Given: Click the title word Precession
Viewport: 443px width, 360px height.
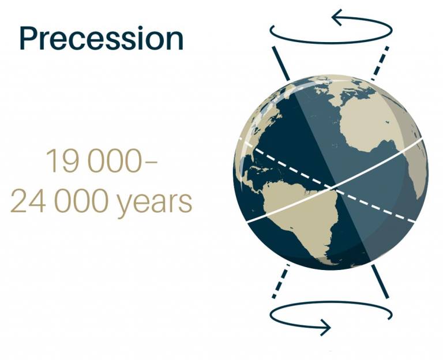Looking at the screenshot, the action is (102, 39).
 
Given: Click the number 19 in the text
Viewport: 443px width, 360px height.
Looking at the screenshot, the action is (62, 160).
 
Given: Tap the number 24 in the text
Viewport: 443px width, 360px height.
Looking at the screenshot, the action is (28, 201).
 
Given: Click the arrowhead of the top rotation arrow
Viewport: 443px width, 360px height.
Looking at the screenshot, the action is (337, 17).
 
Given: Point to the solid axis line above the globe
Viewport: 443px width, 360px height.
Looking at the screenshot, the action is (281, 63).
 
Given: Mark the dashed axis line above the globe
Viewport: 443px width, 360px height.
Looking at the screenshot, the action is (380, 63).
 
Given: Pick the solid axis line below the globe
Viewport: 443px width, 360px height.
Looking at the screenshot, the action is (380, 281).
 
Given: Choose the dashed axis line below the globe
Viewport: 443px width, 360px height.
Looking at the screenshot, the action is (281, 281).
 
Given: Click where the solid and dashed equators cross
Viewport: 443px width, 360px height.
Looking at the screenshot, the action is (331, 187).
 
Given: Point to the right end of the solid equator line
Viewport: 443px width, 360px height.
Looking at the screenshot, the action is (422, 139).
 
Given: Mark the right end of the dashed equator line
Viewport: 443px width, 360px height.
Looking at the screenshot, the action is (414, 222).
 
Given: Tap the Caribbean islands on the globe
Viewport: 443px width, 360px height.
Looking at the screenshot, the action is (261, 170).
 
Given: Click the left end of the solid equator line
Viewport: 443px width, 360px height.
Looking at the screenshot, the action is (248, 222).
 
